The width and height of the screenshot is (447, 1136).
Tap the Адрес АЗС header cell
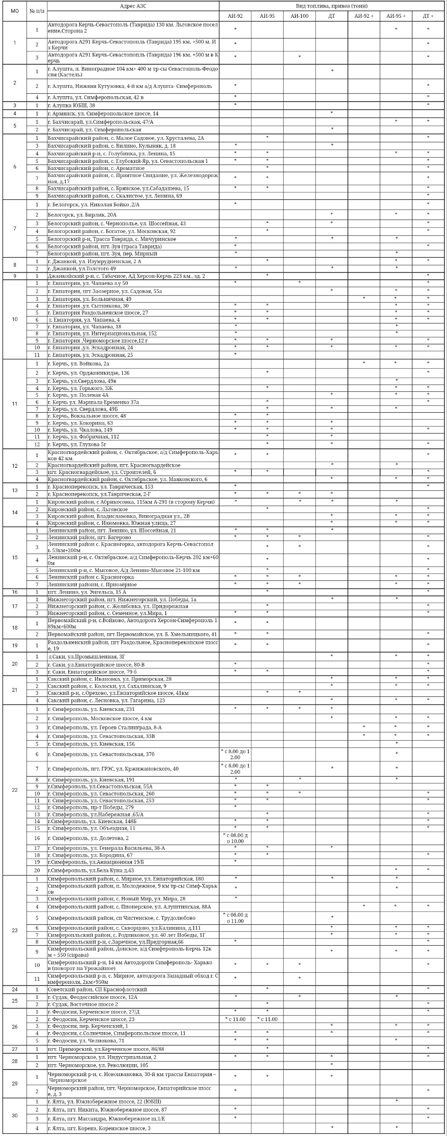(x=133, y=6)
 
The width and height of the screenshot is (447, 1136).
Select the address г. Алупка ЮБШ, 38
(x=71, y=106)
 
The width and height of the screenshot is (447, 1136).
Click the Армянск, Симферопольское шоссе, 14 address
(x=103, y=114)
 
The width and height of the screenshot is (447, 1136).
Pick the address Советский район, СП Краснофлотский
(x=97, y=989)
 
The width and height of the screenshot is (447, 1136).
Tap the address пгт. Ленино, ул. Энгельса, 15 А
(x=87, y=592)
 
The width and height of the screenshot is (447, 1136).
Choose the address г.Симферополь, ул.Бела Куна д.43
(x=90, y=870)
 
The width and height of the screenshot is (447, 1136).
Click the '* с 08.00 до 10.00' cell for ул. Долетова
(x=235, y=838)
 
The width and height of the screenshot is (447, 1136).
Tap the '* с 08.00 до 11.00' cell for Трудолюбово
(x=235, y=918)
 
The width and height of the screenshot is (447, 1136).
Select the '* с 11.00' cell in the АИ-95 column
(x=267, y=1019)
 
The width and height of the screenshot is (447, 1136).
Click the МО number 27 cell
(x=15, y=1049)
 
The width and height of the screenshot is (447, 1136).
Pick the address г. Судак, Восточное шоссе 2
(x=83, y=1004)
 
